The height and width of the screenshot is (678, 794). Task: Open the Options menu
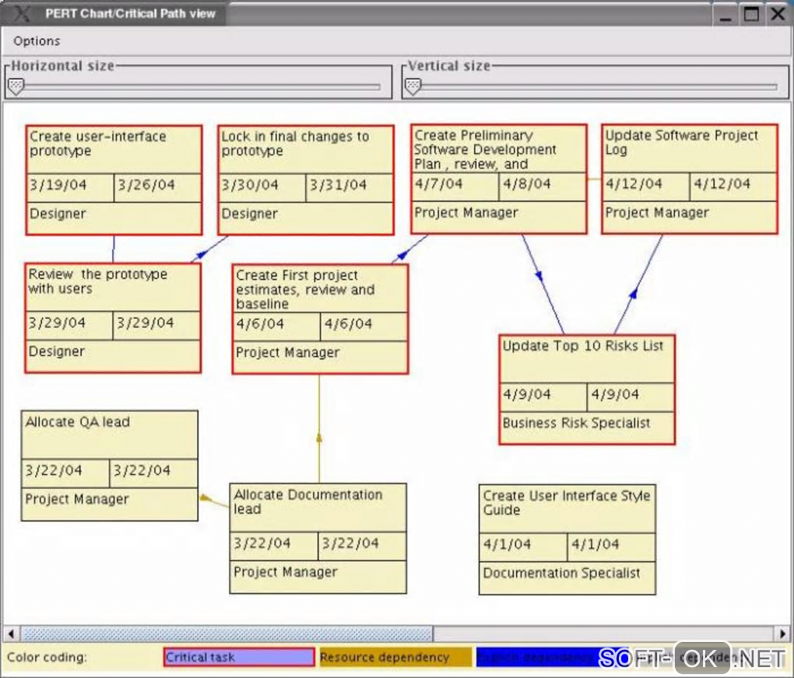pyautogui.click(x=37, y=41)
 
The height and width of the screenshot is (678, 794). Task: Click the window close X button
pyautogui.click(x=777, y=13)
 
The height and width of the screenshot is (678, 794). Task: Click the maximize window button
pyautogui.click(x=750, y=13)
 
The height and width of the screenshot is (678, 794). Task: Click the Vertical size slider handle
pyautogui.click(x=413, y=86)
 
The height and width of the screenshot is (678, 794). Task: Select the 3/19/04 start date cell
pyautogui.click(x=58, y=185)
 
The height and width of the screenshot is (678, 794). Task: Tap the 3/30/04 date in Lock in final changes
pyautogui.click(x=250, y=185)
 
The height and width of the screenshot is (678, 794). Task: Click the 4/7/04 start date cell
pyautogui.click(x=438, y=184)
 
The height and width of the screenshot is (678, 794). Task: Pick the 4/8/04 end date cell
pyautogui.click(x=526, y=184)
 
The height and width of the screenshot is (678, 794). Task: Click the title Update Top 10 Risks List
pyautogui.click(x=583, y=346)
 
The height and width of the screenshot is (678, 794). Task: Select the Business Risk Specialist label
pyautogui.click(x=576, y=423)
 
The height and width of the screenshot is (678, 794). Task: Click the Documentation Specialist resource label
pyautogui.click(x=561, y=574)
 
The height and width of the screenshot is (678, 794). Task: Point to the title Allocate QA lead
pyautogui.click(x=77, y=423)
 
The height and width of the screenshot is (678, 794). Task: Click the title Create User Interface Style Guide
pyautogui.click(x=566, y=503)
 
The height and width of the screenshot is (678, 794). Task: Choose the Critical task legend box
pyautogui.click(x=239, y=658)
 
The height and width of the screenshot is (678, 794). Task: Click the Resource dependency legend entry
pyautogui.click(x=395, y=658)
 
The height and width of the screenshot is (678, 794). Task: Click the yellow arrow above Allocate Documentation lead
pyautogui.click(x=318, y=437)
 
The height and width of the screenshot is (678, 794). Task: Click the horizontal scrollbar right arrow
pyautogui.click(x=782, y=634)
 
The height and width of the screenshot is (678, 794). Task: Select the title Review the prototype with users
pyautogui.click(x=97, y=281)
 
